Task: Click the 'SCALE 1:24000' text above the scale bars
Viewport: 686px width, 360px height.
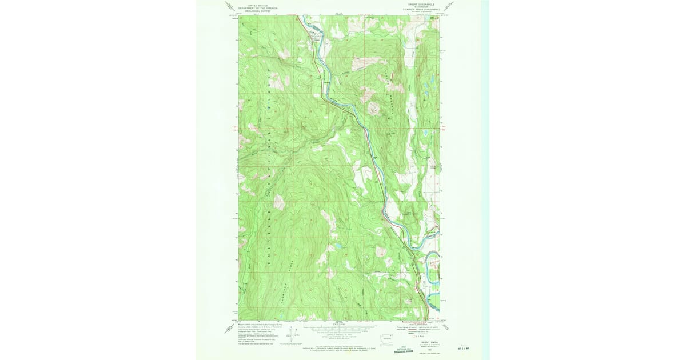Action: click(x=340, y=324)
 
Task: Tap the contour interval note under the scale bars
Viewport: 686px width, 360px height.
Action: click(x=340, y=336)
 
